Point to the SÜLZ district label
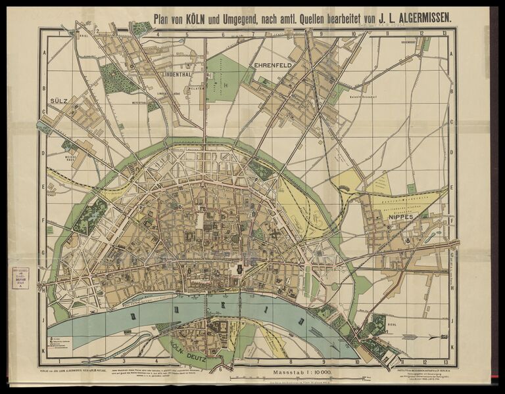[x=59, y=102]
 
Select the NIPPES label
[x=400, y=216]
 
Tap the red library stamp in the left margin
[x=20, y=277]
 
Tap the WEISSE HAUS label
[x=71, y=158]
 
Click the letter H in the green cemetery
[x=225, y=85]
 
